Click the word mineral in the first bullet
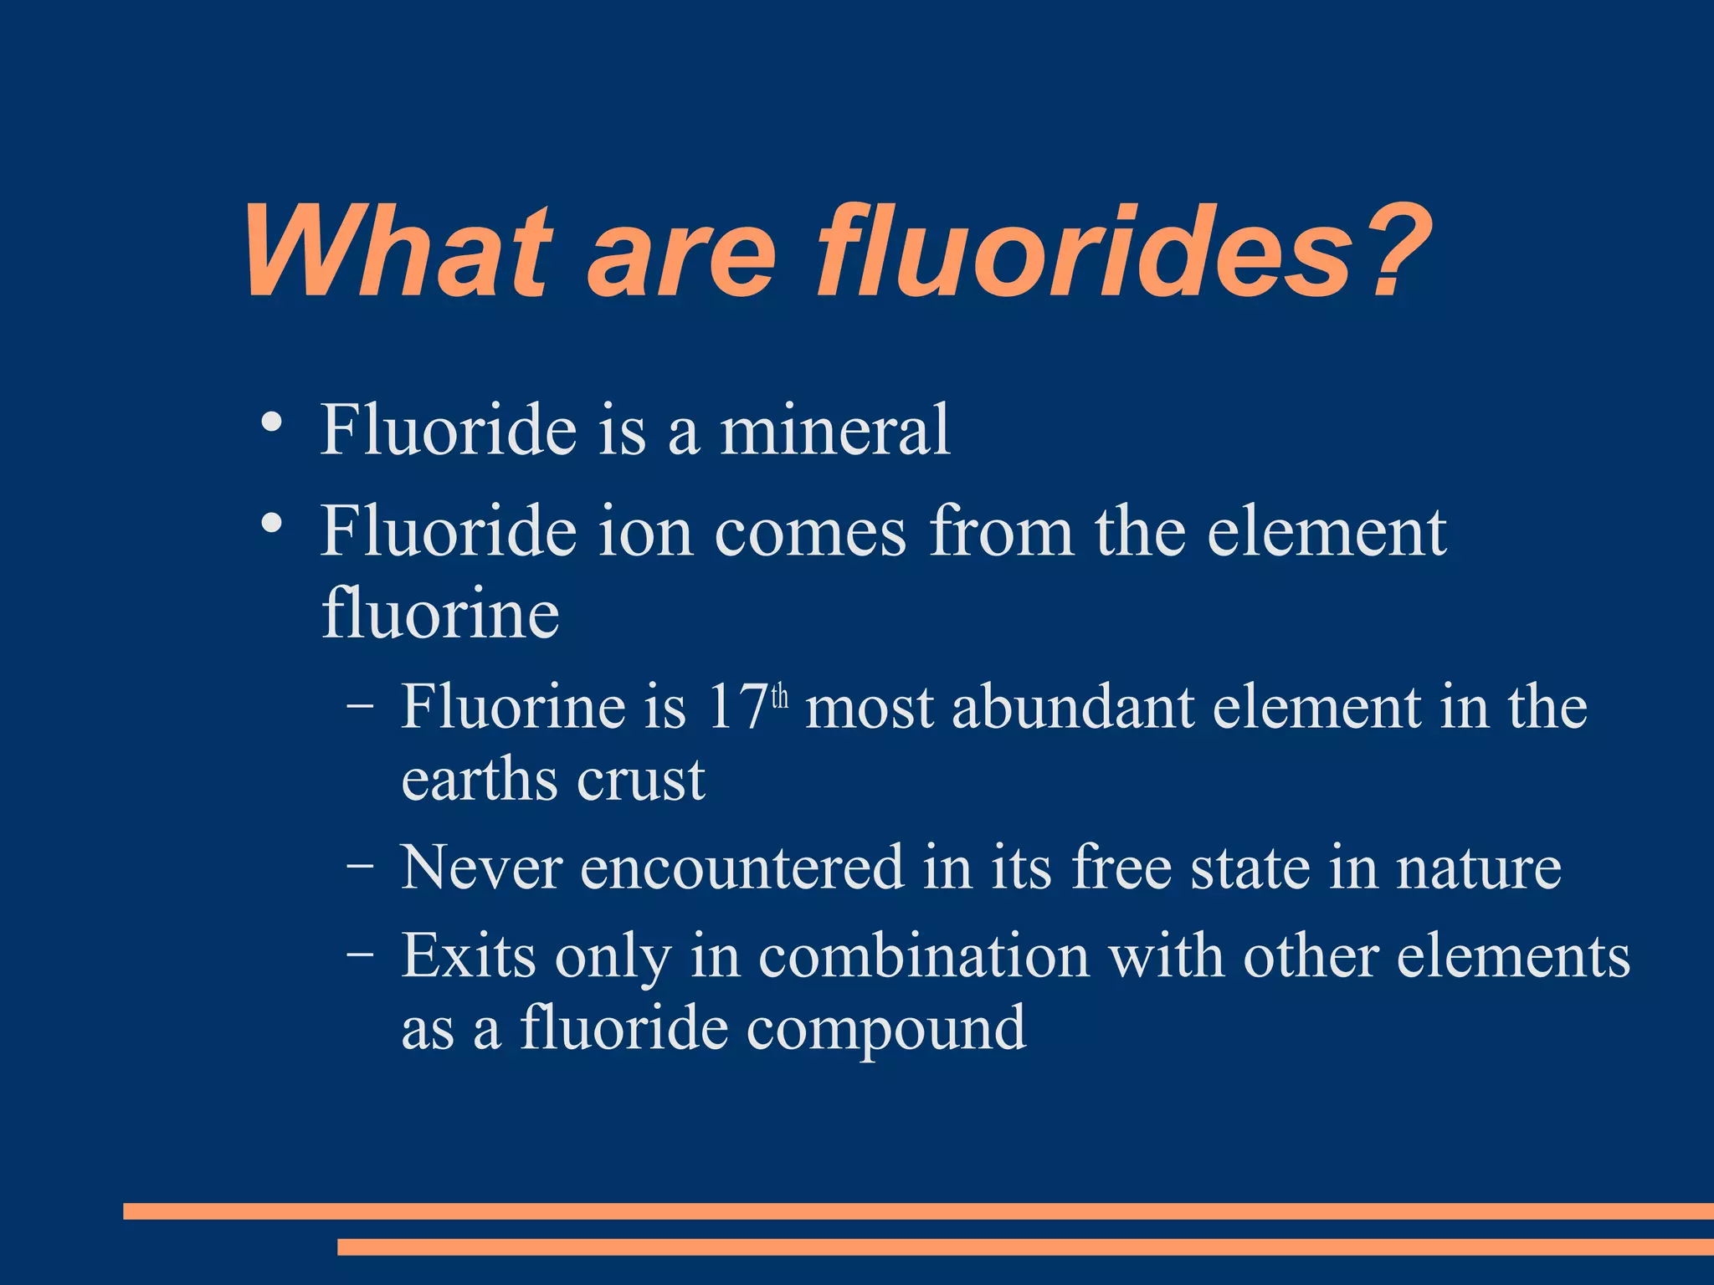click(834, 430)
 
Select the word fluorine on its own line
click(440, 612)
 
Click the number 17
click(737, 708)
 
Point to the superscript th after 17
click(779, 697)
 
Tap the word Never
click(481, 868)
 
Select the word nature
click(1478, 868)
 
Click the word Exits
click(468, 955)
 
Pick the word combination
click(923, 955)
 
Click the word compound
click(885, 1028)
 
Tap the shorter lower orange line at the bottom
click(1025, 1247)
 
